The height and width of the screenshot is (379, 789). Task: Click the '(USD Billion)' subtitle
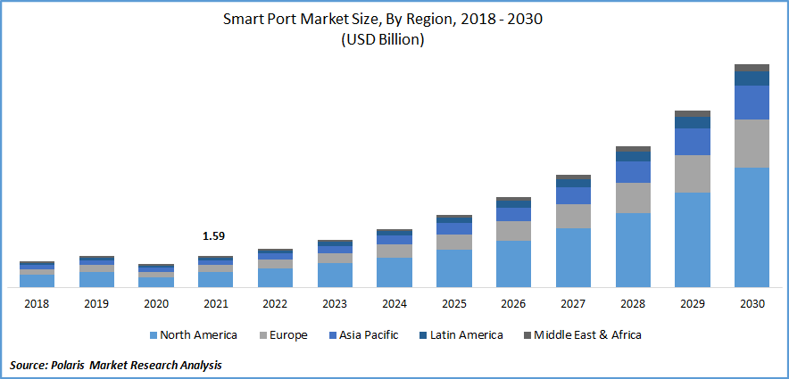(x=394, y=39)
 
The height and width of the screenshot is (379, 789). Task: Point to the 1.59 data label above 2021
(x=215, y=236)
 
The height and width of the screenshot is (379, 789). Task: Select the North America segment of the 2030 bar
(x=752, y=227)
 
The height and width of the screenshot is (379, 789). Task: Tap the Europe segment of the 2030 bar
(x=752, y=144)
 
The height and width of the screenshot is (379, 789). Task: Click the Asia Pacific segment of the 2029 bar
(x=692, y=142)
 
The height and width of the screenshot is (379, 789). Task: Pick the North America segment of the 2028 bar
(x=633, y=250)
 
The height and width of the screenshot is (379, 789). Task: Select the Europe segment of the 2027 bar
(x=573, y=216)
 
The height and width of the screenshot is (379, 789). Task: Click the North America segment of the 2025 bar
(x=453, y=268)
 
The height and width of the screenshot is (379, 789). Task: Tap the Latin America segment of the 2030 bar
(x=752, y=78)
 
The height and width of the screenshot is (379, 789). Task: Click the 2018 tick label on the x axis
(x=37, y=304)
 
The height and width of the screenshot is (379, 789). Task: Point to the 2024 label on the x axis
(x=394, y=304)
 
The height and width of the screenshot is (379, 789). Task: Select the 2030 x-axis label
(x=752, y=304)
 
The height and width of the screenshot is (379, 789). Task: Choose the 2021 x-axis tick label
(x=215, y=304)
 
